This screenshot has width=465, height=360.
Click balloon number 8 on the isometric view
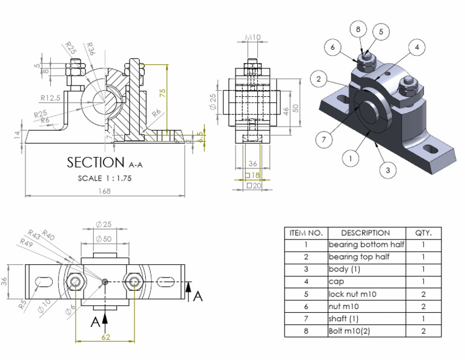pos(358,30)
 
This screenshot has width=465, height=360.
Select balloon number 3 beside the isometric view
pos(387,170)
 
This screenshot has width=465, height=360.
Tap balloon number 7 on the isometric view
pos(324,139)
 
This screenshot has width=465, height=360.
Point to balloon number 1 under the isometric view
pos(349,159)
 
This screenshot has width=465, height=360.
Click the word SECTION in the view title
pos(95,162)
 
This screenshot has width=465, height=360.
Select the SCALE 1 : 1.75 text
pos(105,178)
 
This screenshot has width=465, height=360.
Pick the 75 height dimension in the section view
pos(162,93)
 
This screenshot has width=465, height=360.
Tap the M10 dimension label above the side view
pos(253,38)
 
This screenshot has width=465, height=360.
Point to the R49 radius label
pos(25,242)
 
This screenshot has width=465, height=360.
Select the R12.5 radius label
pos(51,97)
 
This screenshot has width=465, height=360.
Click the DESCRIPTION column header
pos(365,233)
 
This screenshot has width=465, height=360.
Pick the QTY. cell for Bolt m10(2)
pos(423,331)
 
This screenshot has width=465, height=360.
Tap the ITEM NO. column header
pos(306,233)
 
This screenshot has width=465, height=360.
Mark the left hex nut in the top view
pos(76,282)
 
